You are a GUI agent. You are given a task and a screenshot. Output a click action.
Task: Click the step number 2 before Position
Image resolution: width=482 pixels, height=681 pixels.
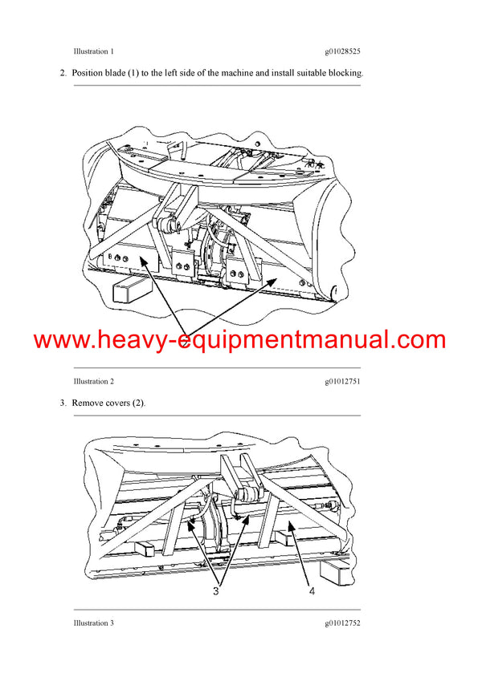click(63, 74)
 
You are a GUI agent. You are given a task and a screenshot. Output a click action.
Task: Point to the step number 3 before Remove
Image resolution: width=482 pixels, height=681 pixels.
click(63, 403)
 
